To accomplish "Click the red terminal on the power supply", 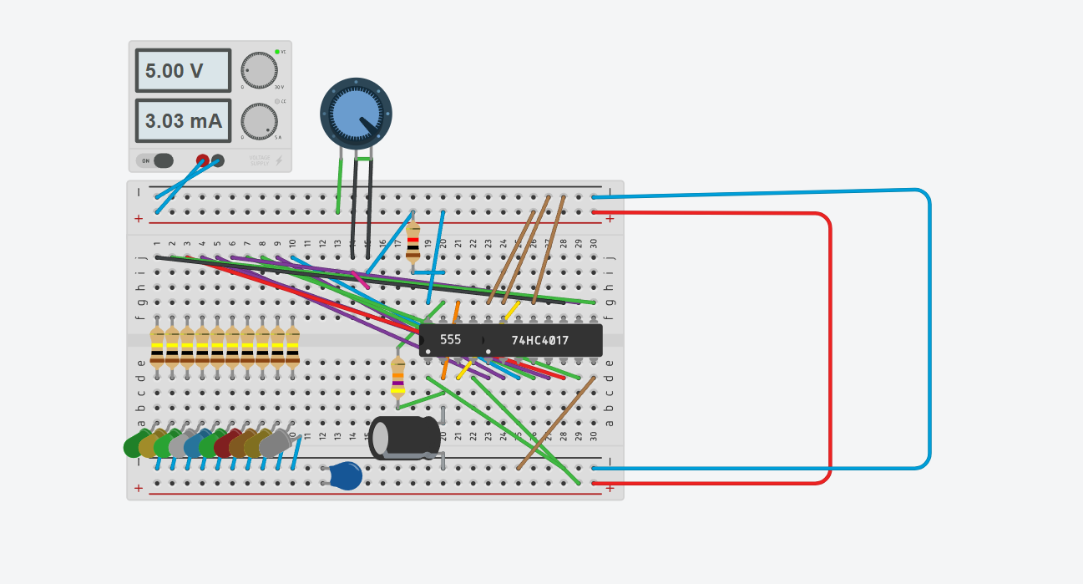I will pos(202,160).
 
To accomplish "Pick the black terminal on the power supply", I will pos(218,160).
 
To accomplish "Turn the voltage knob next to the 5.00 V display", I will pos(259,71).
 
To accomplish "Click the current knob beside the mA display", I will pos(259,121).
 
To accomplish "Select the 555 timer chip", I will pos(450,340).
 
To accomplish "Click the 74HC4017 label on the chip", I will pos(540,340).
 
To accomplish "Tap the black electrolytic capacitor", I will pos(404,438).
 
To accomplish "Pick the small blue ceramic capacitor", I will pos(345,475).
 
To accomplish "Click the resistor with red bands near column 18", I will pos(412,242).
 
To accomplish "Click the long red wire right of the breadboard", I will pos(830,351).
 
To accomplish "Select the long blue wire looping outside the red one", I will pos(929,334).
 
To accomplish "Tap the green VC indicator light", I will pos(277,52).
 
